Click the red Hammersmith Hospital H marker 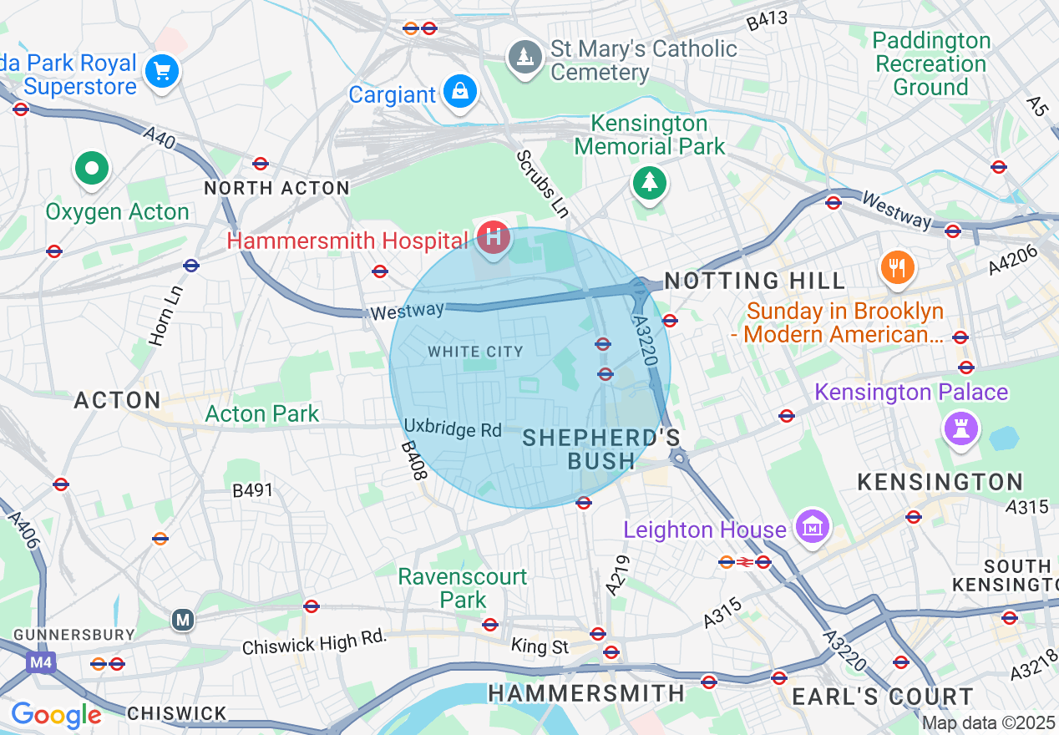point(494,237)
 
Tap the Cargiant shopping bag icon point(460,90)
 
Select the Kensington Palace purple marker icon point(960,429)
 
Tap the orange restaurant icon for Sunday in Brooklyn point(897,267)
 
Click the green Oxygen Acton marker point(93,169)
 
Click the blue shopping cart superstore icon point(162,71)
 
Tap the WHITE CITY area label point(475,352)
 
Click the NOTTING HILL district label point(755,281)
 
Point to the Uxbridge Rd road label point(453,428)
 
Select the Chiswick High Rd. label point(315,642)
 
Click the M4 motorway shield point(40,663)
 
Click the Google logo point(55,715)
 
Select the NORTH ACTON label point(276,189)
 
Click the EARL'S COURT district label point(881,696)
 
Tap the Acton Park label point(262,413)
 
